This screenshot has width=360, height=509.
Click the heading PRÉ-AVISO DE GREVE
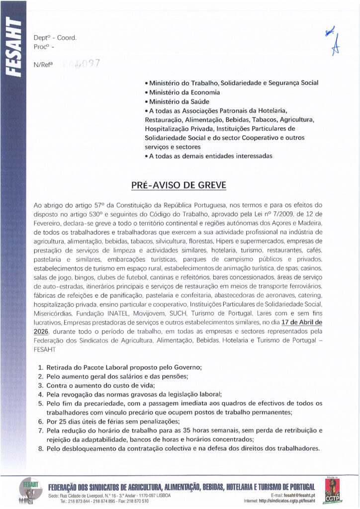click(179, 185)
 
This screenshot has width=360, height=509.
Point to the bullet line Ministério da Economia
click(182, 92)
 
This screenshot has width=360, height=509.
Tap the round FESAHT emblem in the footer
click(29, 490)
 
